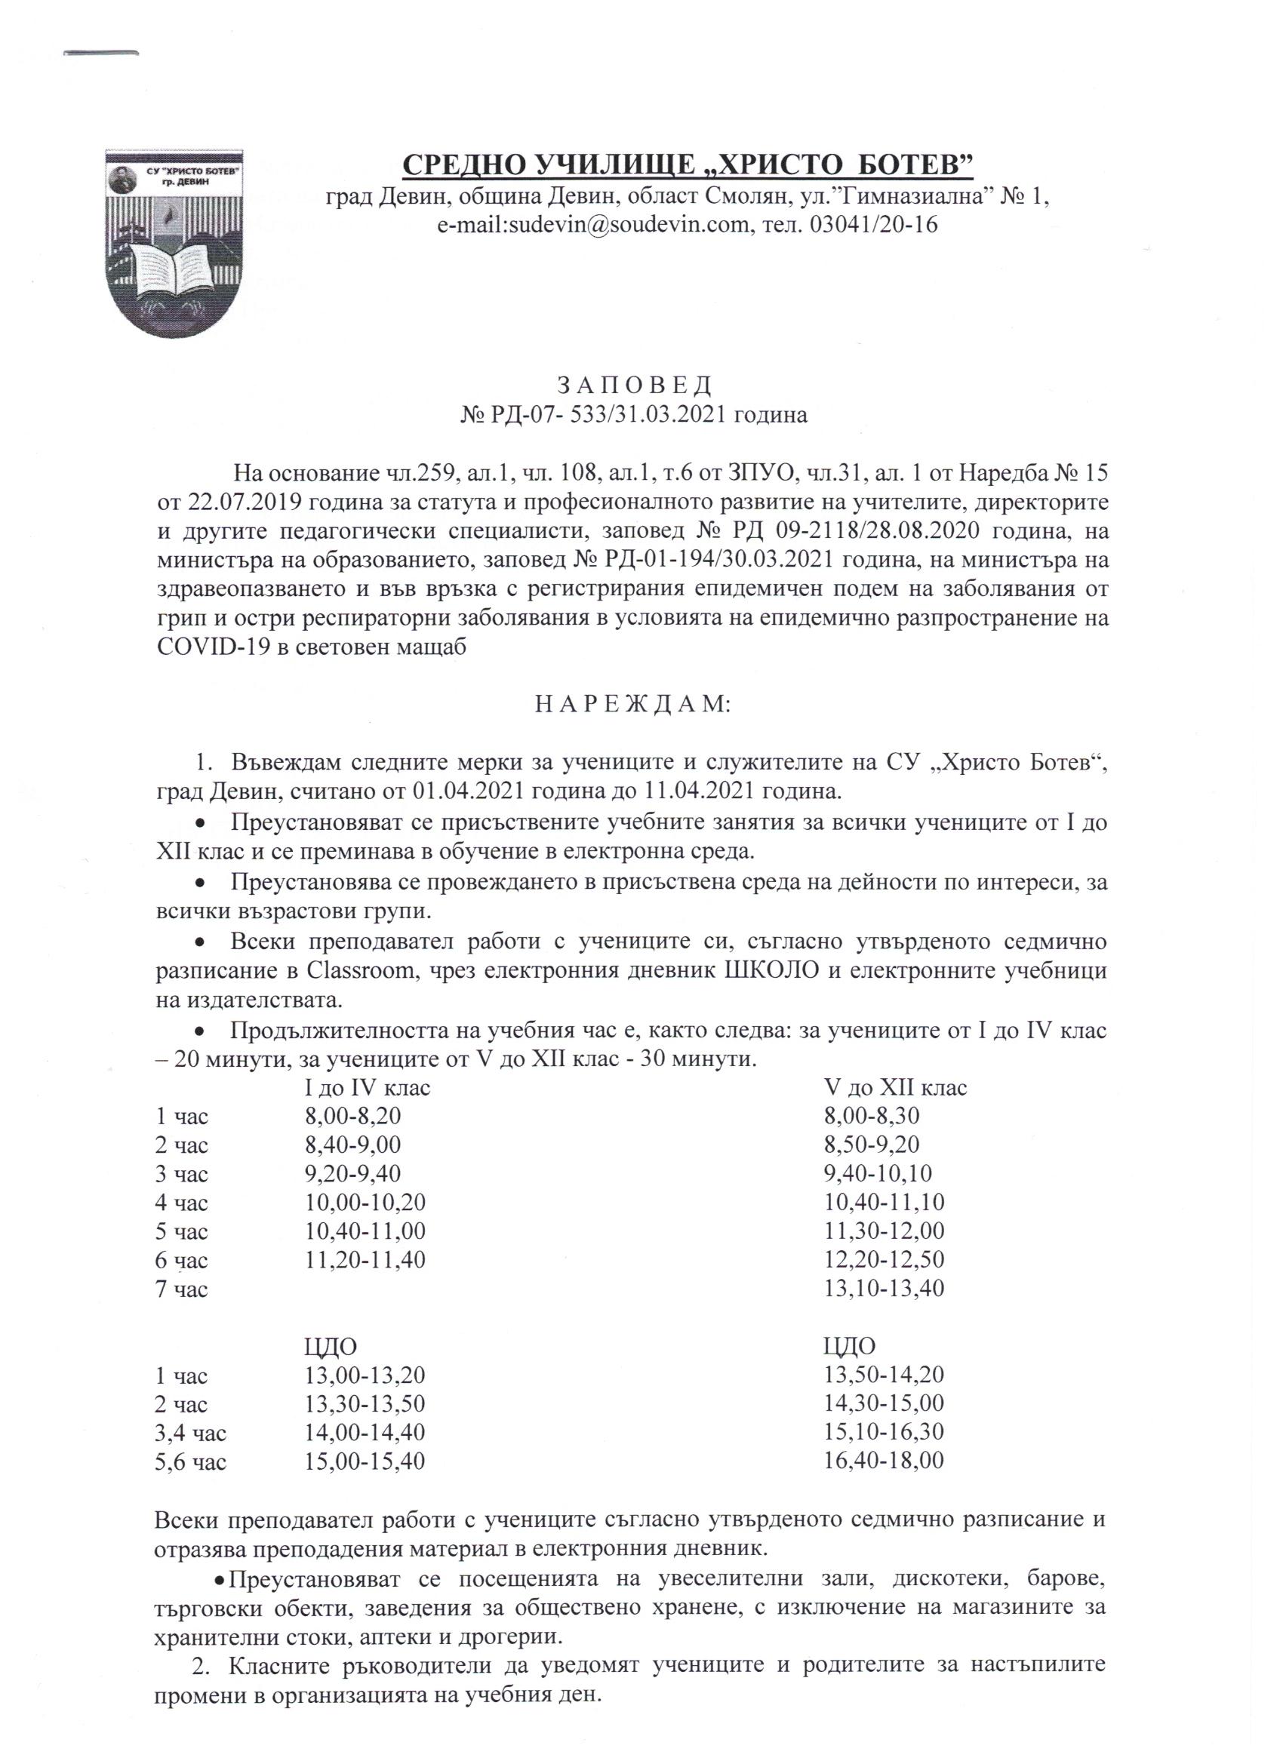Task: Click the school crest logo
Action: (x=174, y=242)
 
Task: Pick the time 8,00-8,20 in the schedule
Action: (x=353, y=1116)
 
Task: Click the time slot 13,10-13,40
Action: (x=884, y=1289)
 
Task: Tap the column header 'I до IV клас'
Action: (x=367, y=1087)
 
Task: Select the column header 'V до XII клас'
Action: (x=896, y=1087)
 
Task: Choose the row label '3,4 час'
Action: (x=192, y=1433)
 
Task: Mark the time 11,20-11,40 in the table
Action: (x=365, y=1260)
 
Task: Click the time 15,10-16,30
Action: (x=884, y=1433)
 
